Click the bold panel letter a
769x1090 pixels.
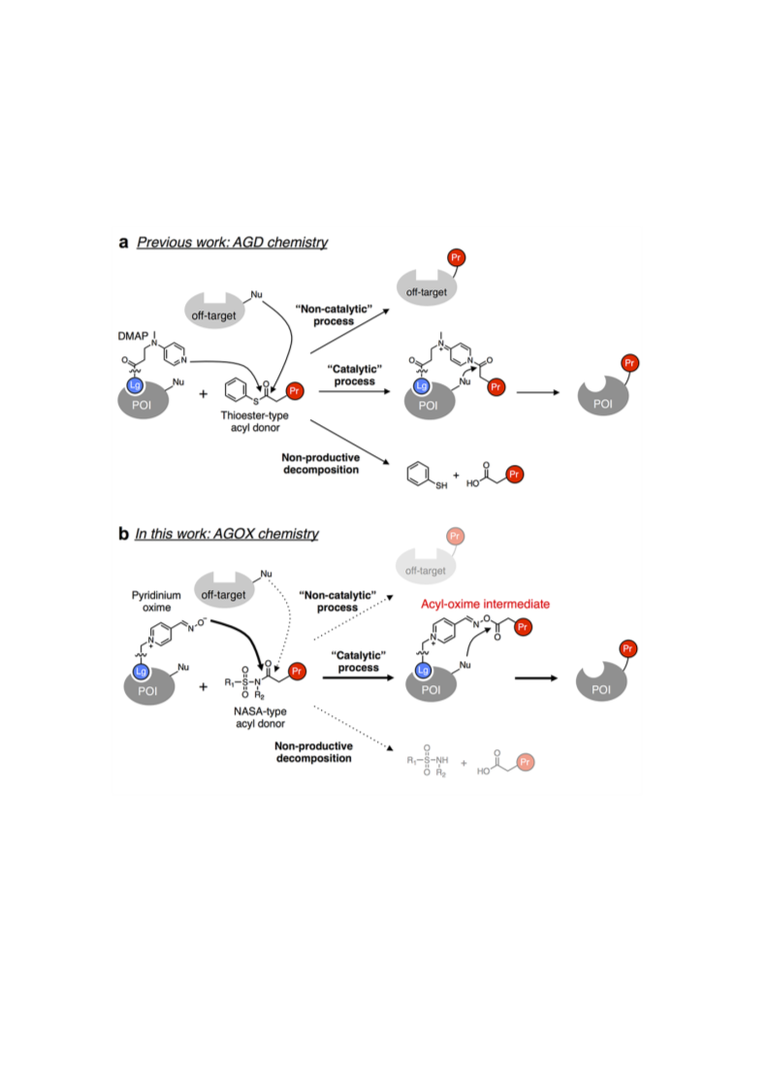click(x=124, y=243)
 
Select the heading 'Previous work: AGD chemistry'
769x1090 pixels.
click(x=232, y=242)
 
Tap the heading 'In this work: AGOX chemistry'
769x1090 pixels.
click(x=227, y=533)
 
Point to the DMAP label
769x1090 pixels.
click(x=133, y=336)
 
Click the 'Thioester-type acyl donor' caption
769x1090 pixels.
click(x=255, y=421)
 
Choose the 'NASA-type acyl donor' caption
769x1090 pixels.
click(x=260, y=717)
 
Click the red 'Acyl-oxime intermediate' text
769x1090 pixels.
click(x=485, y=604)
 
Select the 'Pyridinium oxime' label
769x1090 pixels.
click(x=156, y=602)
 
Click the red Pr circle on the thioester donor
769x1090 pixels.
click(x=295, y=391)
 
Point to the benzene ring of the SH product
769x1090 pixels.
click(x=418, y=474)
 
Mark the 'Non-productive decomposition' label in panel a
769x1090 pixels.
click(x=321, y=464)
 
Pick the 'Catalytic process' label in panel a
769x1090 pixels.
click(x=354, y=376)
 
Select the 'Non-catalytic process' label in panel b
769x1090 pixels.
click(x=337, y=602)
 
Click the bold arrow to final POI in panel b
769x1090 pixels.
click(x=535, y=677)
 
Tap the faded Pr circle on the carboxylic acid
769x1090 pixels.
click(x=526, y=762)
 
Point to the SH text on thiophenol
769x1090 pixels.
click(x=441, y=485)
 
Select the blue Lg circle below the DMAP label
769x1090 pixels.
click(x=135, y=385)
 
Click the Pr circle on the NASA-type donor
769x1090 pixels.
click(x=298, y=672)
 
